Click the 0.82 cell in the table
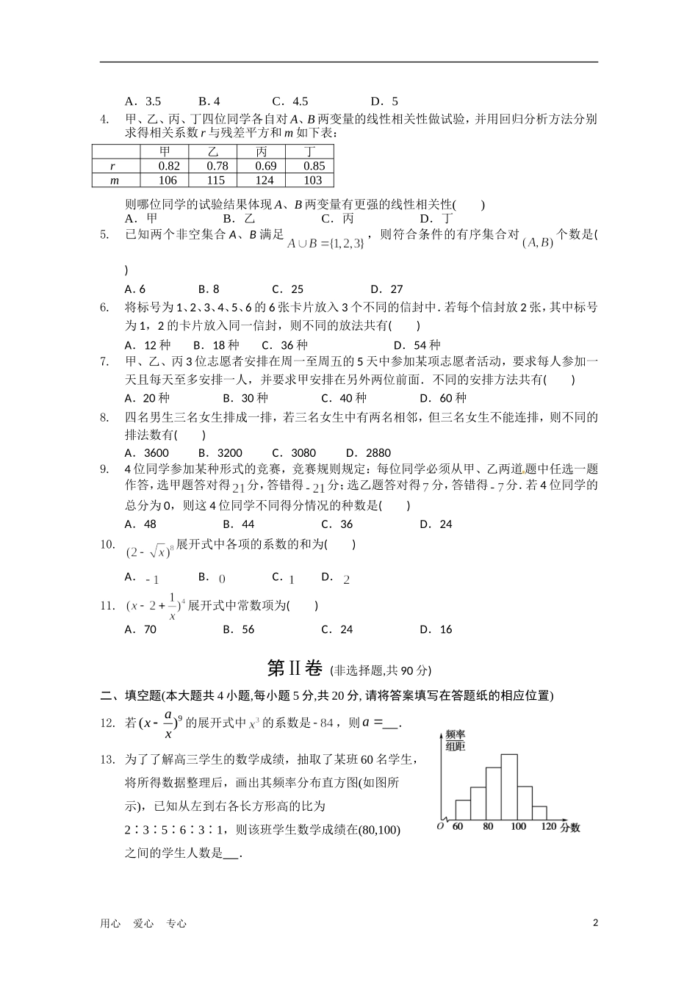pos(169,166)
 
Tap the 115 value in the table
pos(215,180)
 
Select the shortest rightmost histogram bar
pos(539,812)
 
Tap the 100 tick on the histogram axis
pos(517,827)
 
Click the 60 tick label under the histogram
pos(458,827)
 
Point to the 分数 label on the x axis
pos(569,828)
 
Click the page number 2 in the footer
pos(595,923)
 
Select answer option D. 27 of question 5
pos(386,289)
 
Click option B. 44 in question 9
pos(238,524)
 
